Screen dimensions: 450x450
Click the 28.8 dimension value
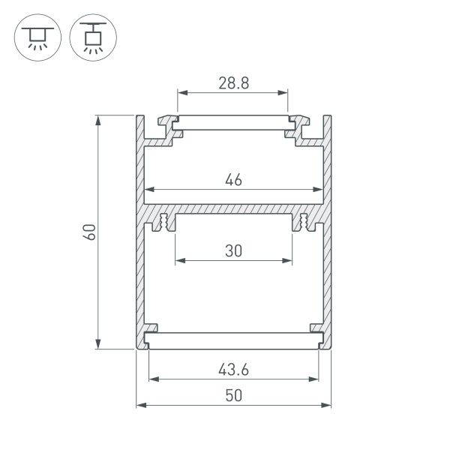click(232, 83)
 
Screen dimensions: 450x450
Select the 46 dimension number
click(232, 180)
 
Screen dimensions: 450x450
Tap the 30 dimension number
click(232, 252)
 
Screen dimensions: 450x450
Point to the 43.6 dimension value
click(232, 370)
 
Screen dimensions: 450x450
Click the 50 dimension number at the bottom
click(232, 396)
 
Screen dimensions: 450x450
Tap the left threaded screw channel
click(163, 223)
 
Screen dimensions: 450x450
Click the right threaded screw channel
click(304, 223)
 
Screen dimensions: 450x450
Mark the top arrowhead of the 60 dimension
click(99, 119)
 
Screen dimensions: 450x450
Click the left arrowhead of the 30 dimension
click(178, 261)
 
